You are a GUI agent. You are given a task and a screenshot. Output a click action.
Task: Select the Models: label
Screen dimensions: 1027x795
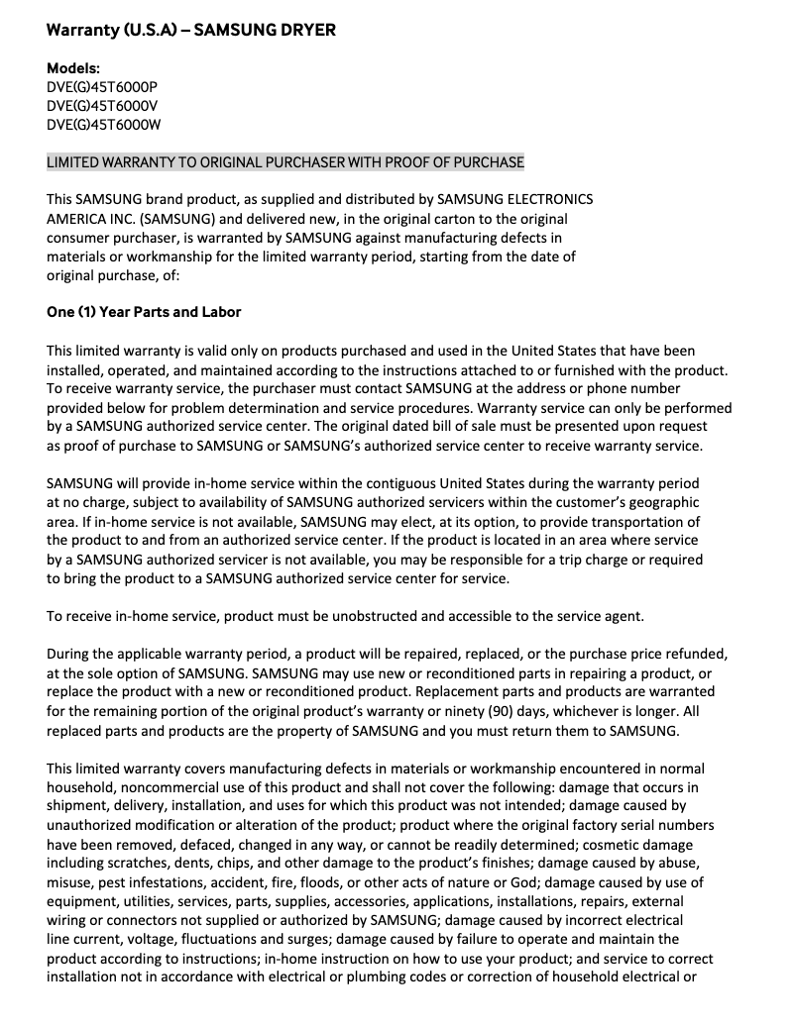tap(73, 68)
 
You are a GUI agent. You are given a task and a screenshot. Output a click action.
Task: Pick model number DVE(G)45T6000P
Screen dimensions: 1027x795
tap(102, 87)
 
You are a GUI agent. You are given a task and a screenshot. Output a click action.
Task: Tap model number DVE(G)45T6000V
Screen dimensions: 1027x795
tap(102, 106)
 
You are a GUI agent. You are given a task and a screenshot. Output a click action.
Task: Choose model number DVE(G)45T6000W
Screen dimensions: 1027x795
tap(103, 125)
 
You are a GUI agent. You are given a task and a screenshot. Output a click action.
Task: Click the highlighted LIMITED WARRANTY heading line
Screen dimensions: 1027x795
tap(285, 162)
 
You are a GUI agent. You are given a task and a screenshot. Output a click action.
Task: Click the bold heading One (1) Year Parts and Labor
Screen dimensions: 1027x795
tap(144, 312)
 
